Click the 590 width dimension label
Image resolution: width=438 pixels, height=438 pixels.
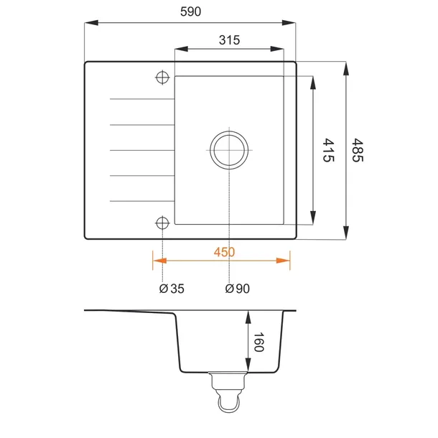(x=190, y=11)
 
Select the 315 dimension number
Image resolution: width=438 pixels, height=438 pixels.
(x=229, y=40)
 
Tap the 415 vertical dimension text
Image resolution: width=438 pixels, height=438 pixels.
(x=328, y=150)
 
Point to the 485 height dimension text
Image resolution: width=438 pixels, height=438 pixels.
(x=358, y=150)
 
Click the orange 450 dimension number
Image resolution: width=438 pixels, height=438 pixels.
(x=224, y=252)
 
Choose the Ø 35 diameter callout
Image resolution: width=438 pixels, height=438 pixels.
(x=172, y=289)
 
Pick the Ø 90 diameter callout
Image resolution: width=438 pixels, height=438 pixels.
(x=238, y=289)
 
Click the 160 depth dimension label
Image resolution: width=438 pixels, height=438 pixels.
(x=258, y=342)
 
